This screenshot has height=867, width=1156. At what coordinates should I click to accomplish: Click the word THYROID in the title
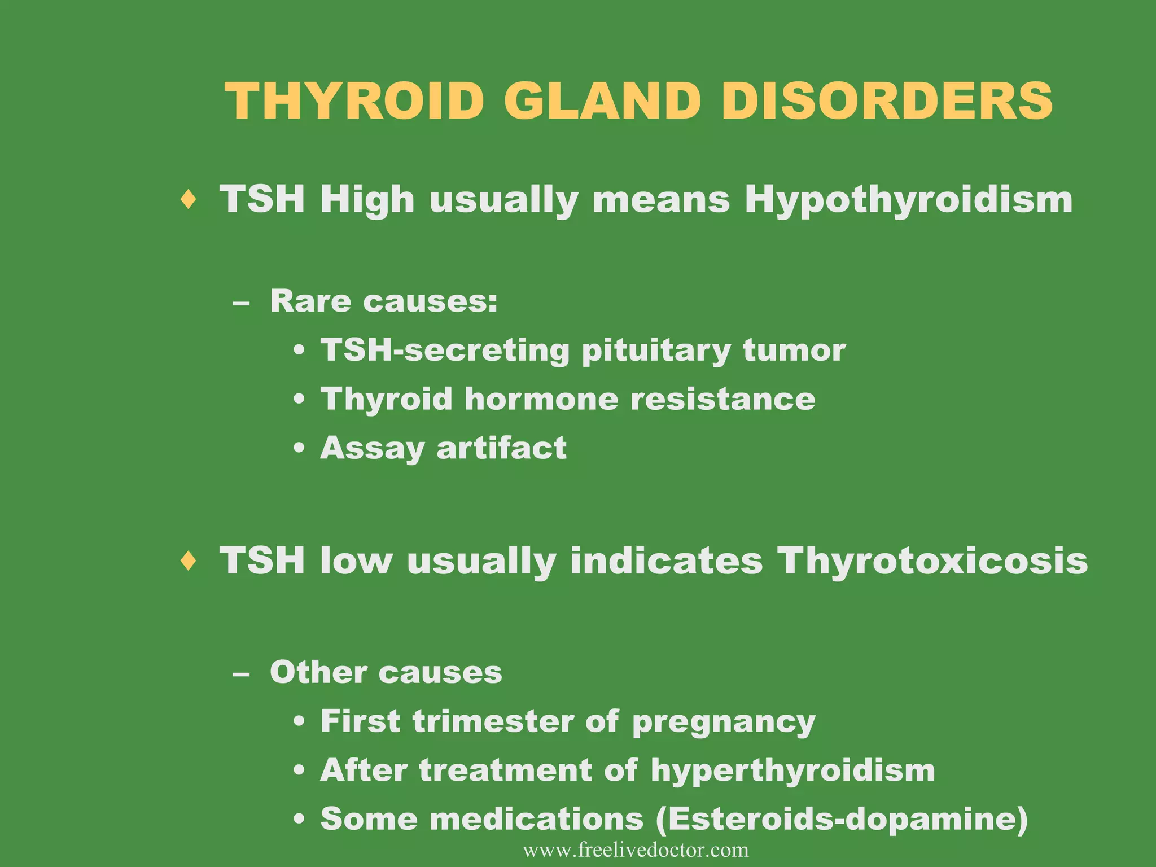[x=354, y=102]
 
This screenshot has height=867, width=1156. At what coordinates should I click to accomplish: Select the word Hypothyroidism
[x=908, y=200]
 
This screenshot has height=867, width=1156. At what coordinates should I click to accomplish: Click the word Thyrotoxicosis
[x=932, y=562]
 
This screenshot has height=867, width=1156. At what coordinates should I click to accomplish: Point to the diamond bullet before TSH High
[x=189, y=200]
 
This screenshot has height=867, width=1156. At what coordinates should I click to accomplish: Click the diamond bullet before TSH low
[x=189, y=561]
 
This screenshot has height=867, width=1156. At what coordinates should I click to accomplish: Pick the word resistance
[x=722, y=399]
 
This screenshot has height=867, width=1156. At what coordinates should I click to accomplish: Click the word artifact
[x=501, y=448]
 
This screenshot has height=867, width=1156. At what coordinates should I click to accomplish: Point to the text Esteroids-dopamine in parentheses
[x=841, y=819]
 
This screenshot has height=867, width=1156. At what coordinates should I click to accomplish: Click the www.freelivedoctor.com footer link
[x=636, y=850]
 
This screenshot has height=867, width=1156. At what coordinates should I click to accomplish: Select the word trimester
[x=492, y=722]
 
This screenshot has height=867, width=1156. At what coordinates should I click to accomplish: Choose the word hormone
[x=541, y=399]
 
